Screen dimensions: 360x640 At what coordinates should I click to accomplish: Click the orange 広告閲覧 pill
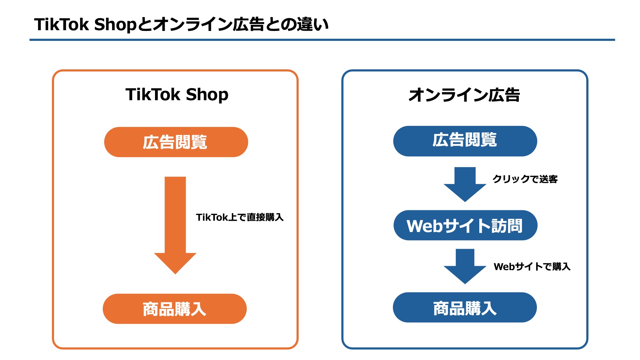[176, 142]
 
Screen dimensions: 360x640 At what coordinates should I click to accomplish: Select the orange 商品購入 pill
[175, 309]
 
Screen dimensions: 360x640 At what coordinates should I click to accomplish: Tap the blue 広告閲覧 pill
[465, 141]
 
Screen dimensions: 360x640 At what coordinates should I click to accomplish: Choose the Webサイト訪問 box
[465, 226]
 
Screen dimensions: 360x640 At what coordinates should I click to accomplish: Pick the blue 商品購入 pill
[464, 307]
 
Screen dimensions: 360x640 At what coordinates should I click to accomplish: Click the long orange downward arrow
[175, 224]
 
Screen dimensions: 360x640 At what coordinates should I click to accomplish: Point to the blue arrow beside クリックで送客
[465, 184]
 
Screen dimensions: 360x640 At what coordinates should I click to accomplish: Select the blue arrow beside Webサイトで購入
[465, 266]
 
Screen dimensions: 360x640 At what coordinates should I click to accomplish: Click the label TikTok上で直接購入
[240, 217]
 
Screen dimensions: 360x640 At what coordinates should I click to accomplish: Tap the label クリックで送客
[525, 179]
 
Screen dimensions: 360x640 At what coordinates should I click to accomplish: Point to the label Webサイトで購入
[532, 267]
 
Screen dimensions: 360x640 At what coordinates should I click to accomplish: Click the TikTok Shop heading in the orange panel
[177, 95]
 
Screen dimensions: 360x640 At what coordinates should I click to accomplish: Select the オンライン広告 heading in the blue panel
[464, 95]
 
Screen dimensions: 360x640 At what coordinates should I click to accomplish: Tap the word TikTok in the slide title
[61, 25]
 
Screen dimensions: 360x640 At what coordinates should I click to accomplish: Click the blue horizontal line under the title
[322, 40]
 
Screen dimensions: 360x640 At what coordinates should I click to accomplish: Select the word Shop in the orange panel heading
[207, 95]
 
